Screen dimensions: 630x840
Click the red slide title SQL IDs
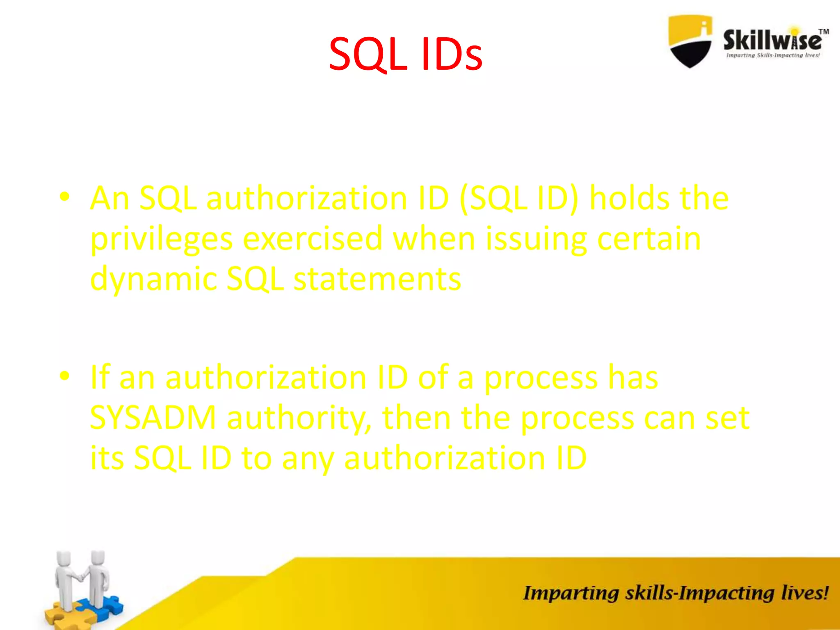coord(405,55)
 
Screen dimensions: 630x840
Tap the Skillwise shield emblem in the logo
coord(690,41)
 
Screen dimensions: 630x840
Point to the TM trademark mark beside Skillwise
coord(824,32)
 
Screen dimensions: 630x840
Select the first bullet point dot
coord(64,196)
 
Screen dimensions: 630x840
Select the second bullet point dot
coord(64,376)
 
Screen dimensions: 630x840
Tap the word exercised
coord(313,239)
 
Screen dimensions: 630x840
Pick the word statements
coord(377,279)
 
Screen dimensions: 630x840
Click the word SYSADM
coord(153,418)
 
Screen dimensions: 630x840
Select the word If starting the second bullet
coord(100,377)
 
